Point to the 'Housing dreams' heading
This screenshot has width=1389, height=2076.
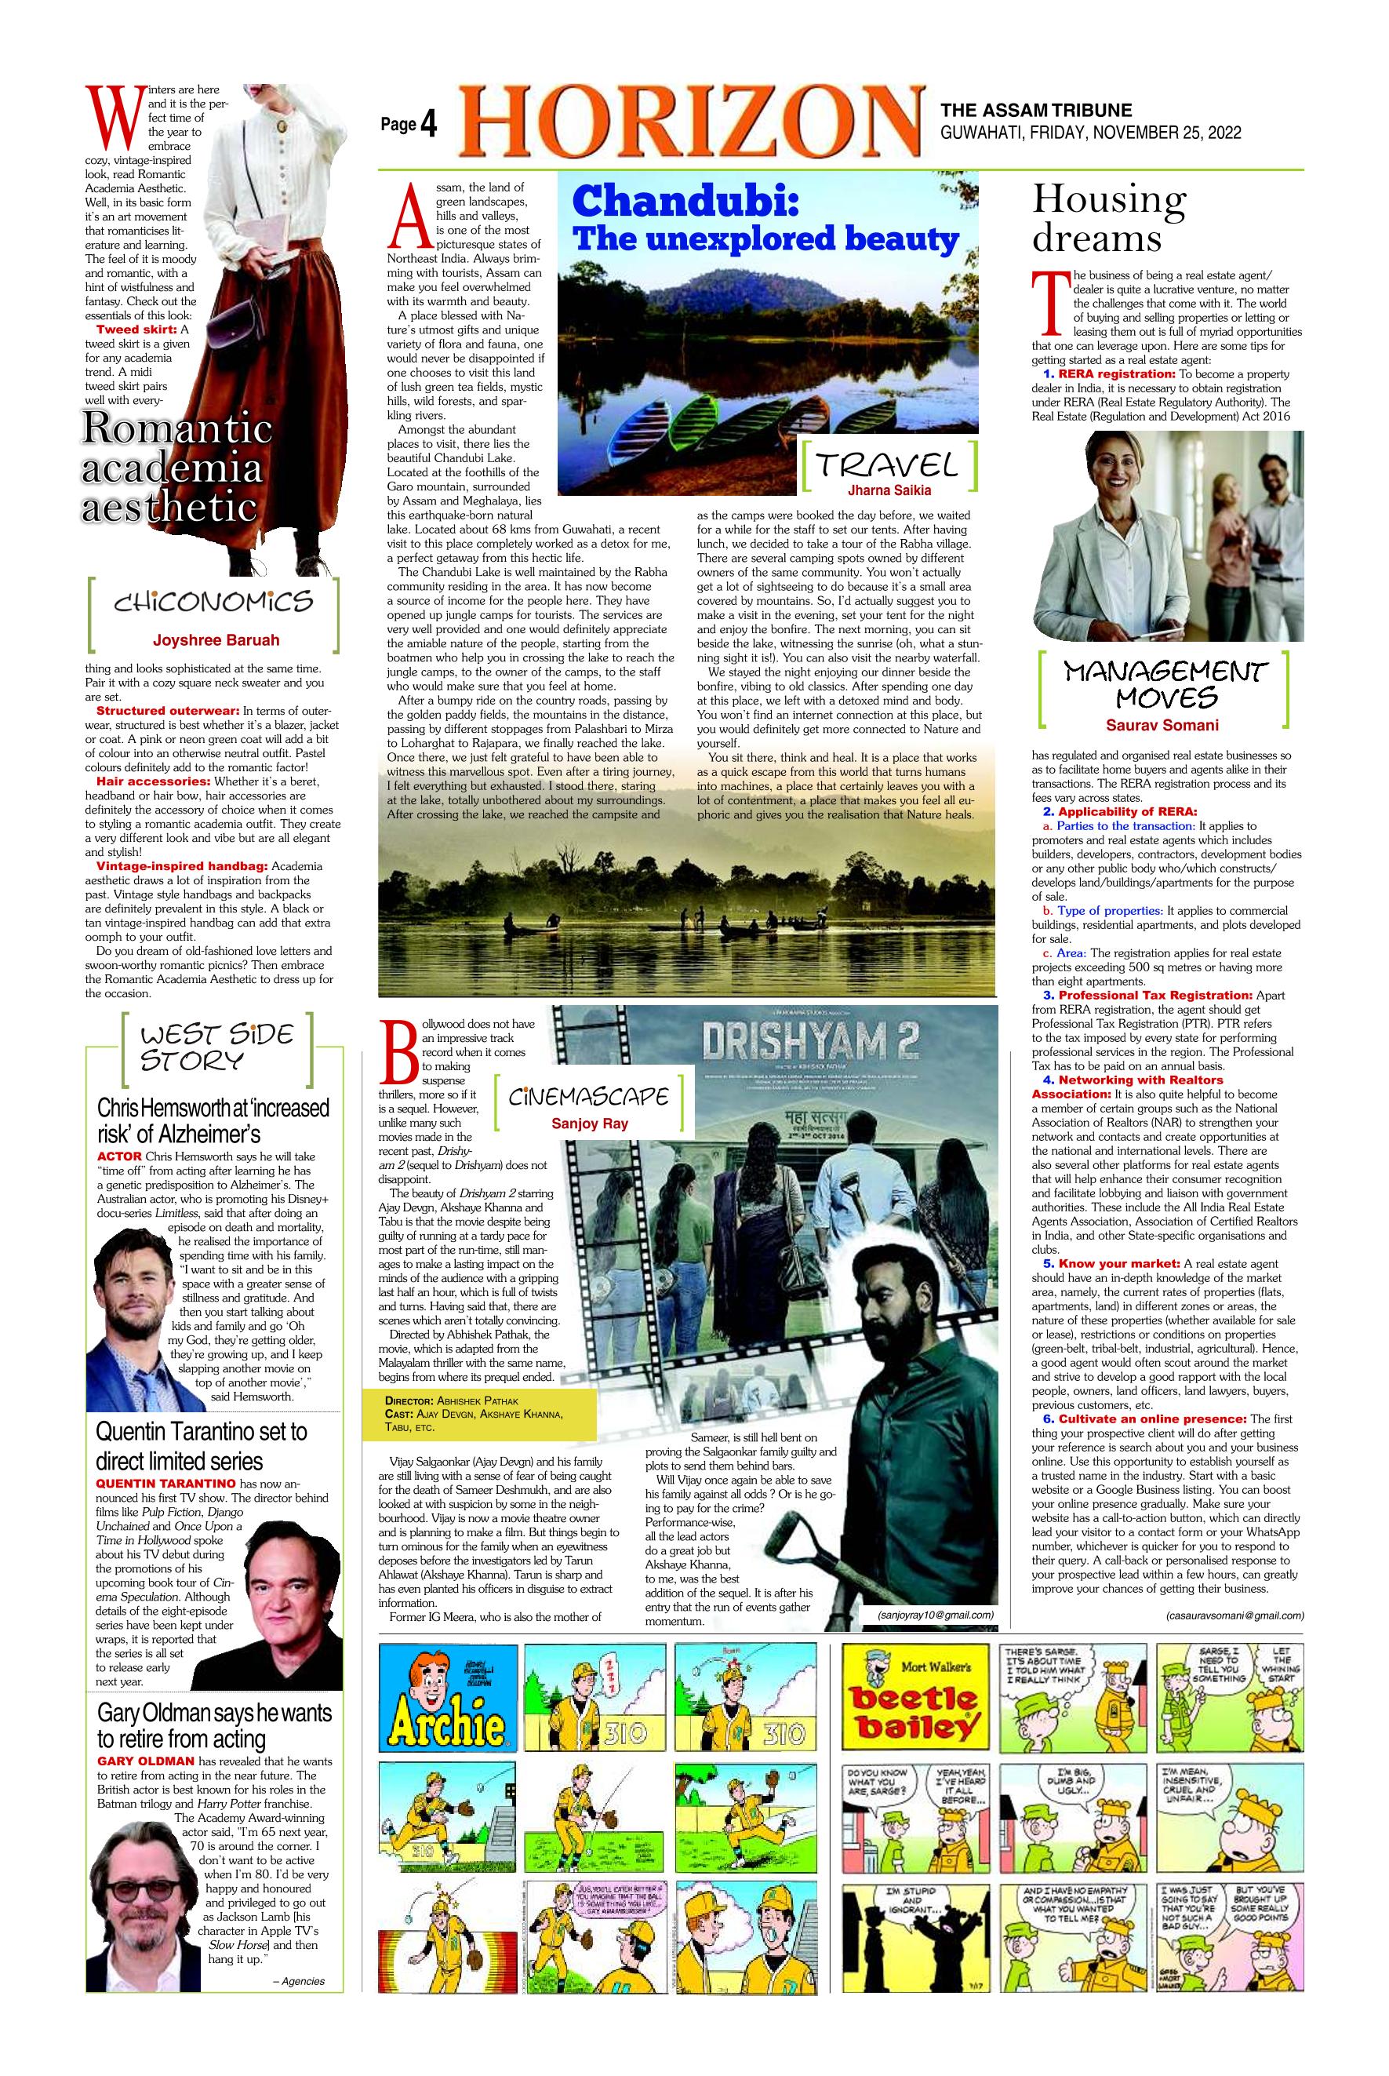point(1108,219)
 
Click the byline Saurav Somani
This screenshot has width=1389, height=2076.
point(1162,725)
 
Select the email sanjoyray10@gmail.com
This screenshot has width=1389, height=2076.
point(936,1615)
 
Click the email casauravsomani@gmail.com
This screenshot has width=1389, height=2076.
point(1234,1615)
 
